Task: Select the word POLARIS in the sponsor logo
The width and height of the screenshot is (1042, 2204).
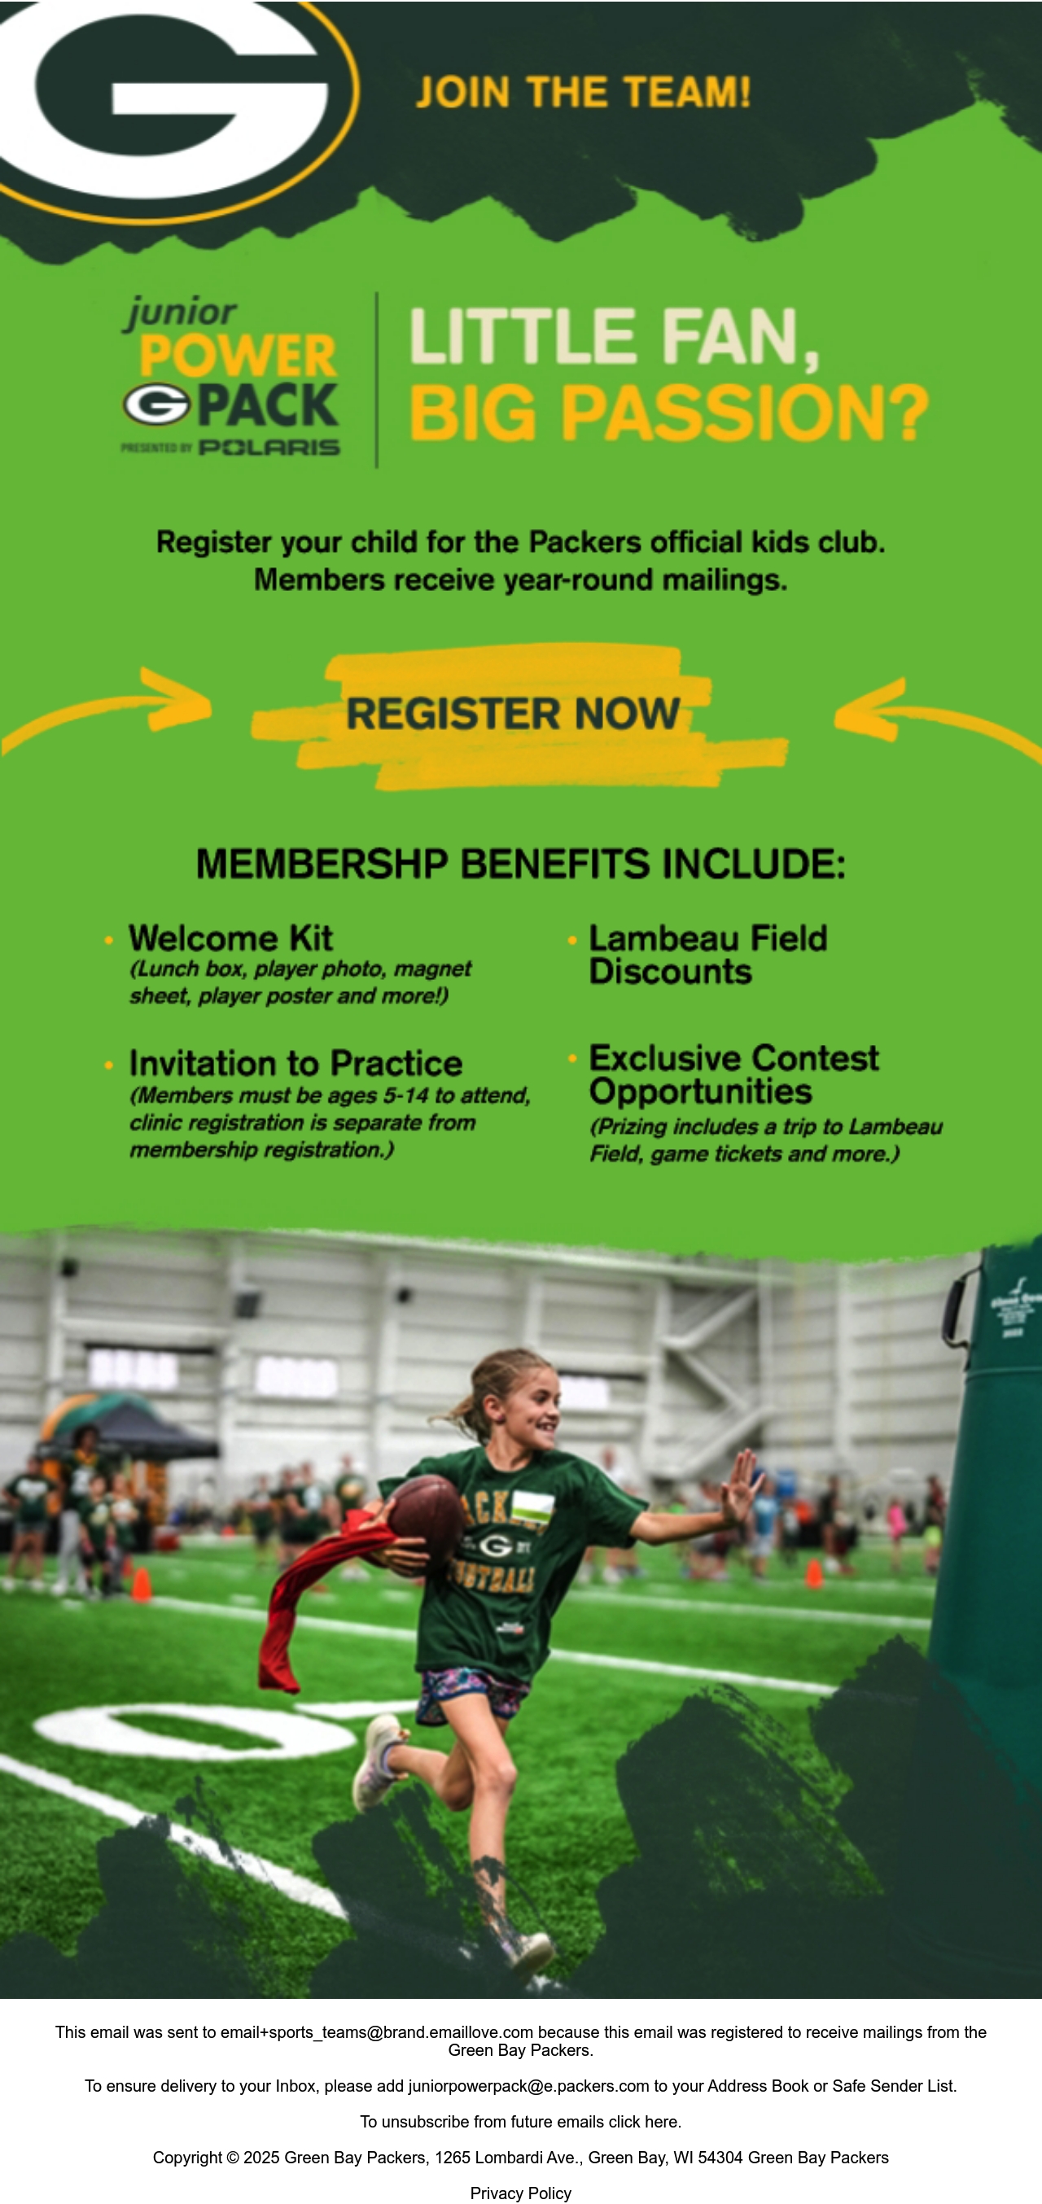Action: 269,448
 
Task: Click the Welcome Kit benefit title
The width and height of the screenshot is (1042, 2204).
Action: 230,938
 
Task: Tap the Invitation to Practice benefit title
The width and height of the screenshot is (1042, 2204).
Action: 296,1064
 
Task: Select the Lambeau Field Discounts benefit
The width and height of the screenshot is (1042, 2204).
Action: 707,955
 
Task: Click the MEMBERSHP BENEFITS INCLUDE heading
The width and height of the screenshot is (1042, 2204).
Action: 520,864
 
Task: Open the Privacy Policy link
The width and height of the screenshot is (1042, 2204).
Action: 520,2193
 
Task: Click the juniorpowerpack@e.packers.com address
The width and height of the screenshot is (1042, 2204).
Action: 528,2086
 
